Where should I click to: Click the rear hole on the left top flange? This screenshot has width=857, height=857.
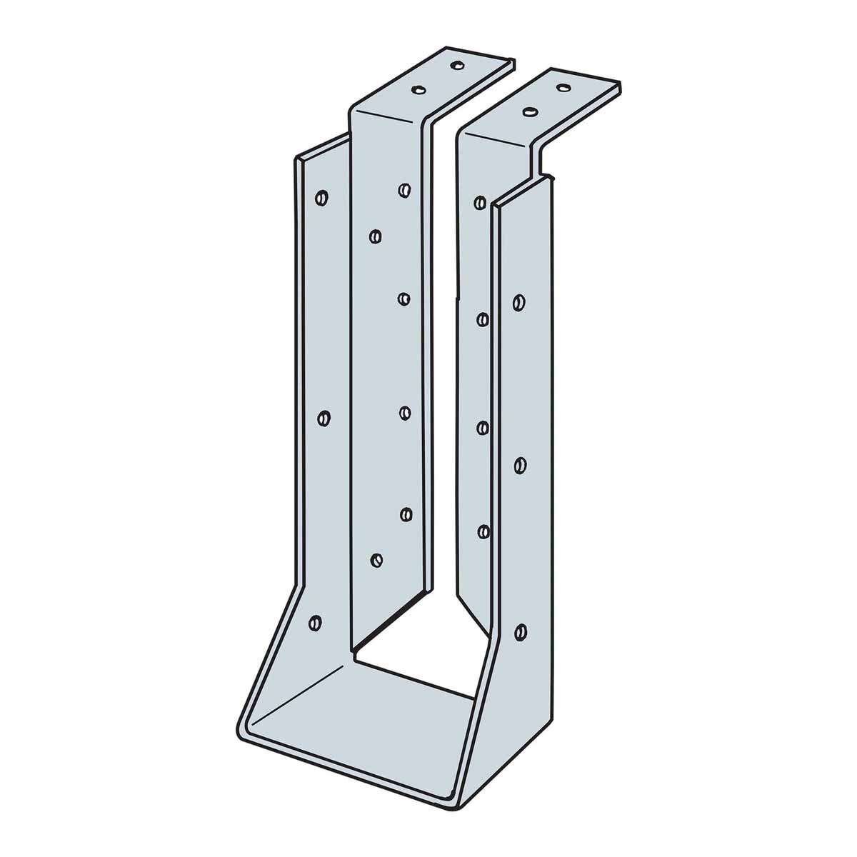[x=455, y=65]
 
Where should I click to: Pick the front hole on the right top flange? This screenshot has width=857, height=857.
[x=530, y=112]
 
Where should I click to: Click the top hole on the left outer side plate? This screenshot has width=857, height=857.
[x=321, y=196]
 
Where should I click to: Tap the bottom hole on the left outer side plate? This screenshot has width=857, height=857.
[x=314, y=623]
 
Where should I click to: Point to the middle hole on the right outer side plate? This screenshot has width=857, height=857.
[x=521, y=466]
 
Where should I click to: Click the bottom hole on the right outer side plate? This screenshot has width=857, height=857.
[x=521, y=631]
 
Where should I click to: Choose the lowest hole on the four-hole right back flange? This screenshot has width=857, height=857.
[x=483, y=531]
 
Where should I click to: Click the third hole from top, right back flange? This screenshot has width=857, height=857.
[x=483, y=428]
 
